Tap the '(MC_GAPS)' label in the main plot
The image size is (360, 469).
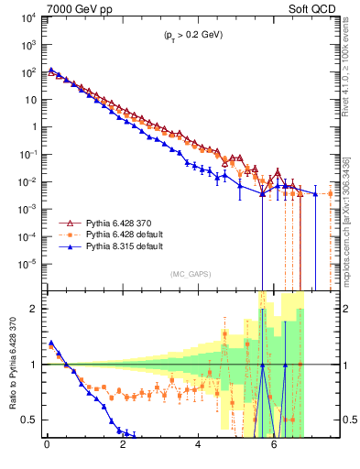coord(188,274)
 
